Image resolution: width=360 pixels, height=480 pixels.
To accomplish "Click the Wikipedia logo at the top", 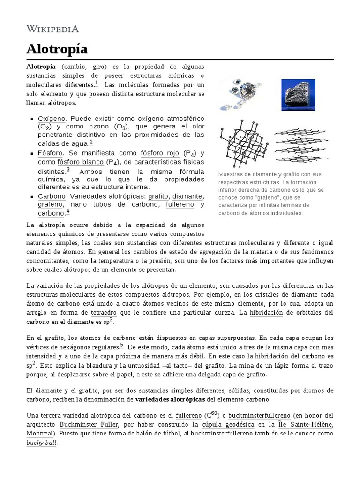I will [x=52, y=29].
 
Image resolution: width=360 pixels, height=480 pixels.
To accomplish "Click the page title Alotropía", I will [x=57, y=49].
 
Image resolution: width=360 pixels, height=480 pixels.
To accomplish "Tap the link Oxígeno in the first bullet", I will [x=52, y=119].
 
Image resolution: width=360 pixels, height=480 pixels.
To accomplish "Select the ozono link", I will [x=98, y=127].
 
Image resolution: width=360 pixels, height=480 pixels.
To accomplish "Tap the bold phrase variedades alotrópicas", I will [x=170, y=400].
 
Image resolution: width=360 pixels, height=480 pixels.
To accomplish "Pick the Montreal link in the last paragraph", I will [x=39, y=434].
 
